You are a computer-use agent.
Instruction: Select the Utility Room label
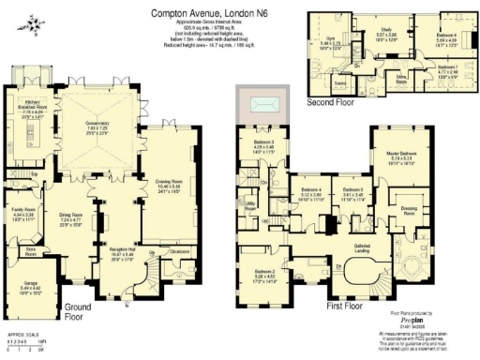(251, 203)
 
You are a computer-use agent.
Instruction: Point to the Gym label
(330, 40)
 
